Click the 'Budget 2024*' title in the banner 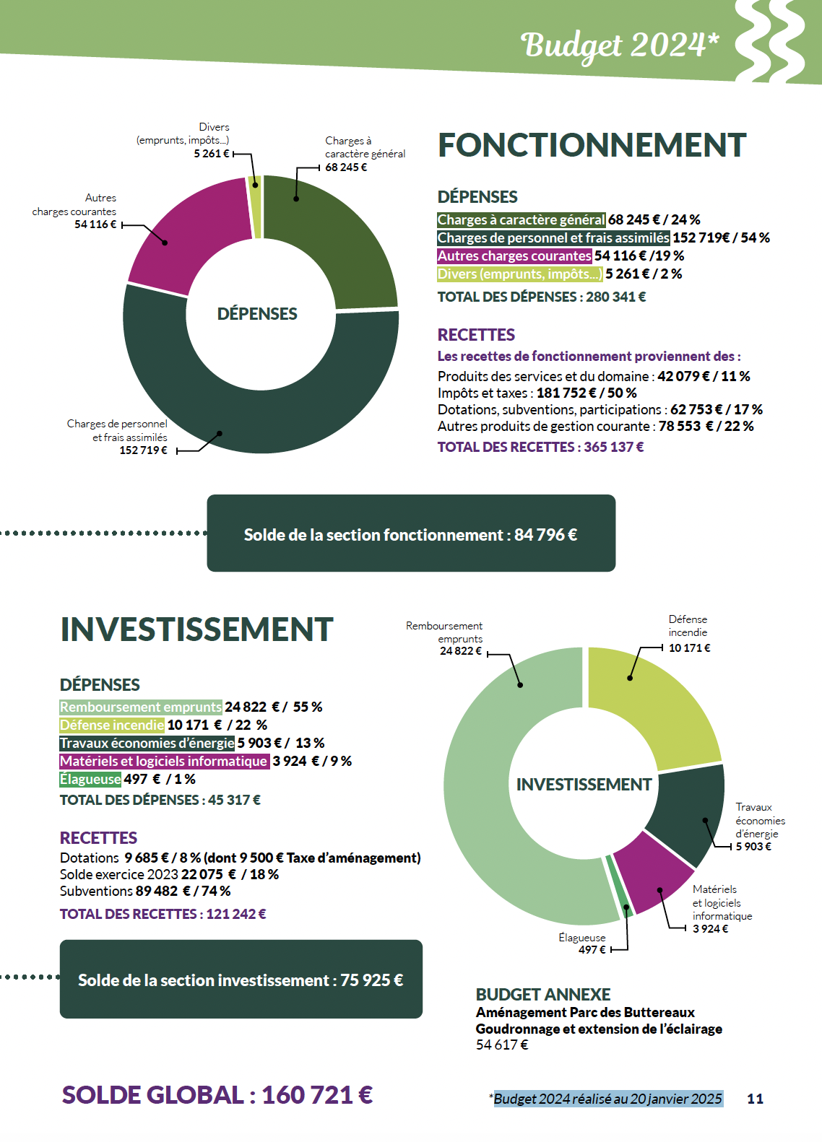point(620,45)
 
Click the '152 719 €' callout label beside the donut point(143,450)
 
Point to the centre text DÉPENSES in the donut point(257,314)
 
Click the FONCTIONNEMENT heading point(592,145)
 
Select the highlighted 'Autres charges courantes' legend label point(514,256)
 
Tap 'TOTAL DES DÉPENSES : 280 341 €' point(541,297)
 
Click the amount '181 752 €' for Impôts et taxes point(566,393)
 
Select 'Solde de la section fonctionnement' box point(411,534)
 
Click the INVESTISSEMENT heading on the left point(196,629)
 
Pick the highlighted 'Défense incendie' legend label point(112,725)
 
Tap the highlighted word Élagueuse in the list point(90,780)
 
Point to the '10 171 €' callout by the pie point(689,648)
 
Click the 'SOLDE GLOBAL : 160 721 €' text point(217,1095)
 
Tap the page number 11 point(755,1099)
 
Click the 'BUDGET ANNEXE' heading point(542,995)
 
